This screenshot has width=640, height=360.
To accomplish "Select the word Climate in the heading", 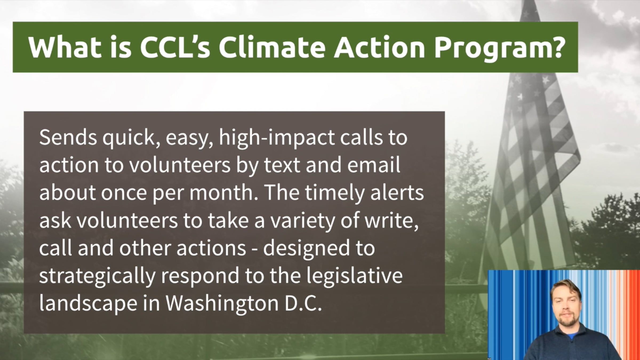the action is pyautogui.click(x=272, y=47).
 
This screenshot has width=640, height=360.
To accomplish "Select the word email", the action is pyautogui.click(x=374, y=165).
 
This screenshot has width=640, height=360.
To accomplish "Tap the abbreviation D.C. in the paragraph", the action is pyautogui.click(x=303, y=303).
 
